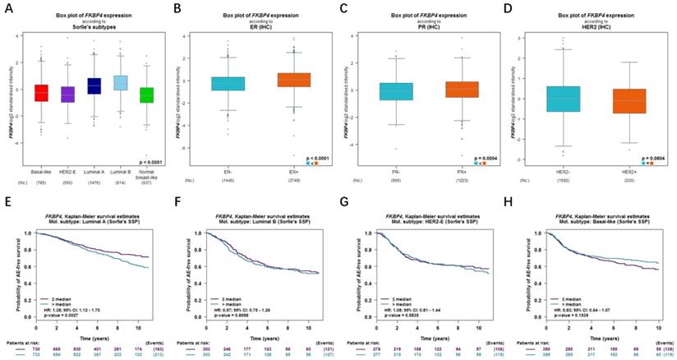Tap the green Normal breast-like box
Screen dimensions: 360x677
pyautogui.click(x=147, y=95)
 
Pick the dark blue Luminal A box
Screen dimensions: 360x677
pyautogui.click(x=94, y=85)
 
